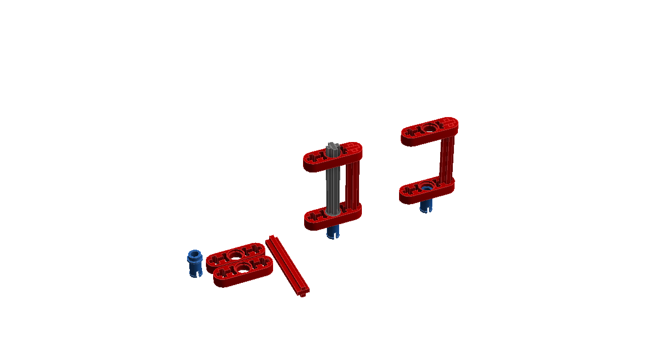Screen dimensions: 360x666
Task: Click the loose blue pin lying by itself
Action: pyautogui.click(x=195, y=264)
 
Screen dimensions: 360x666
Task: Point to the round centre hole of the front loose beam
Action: pyautogui.click(x=243, y=269)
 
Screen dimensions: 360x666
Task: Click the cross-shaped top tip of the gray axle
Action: pyautogui.click(x=332, y=147)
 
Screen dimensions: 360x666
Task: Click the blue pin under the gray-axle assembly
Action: pyautogui.click(x=332, y=232)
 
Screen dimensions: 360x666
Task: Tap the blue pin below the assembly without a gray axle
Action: pyautogui.click(x=426, y=205)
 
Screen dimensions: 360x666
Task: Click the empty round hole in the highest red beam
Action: pyautogui.click(x=428, y=129)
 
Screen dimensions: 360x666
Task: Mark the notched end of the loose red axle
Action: pyautogui.click(x=303, y=292)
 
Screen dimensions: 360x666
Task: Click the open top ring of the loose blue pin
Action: pyautogui.click(x=194, y=255)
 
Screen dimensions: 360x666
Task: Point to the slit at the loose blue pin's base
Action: pyautogui.click(x=195, y=273)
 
